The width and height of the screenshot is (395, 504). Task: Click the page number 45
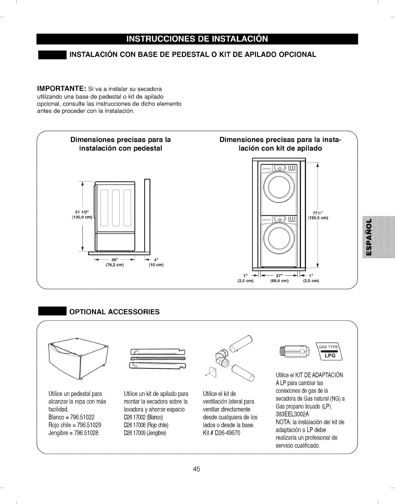click(197, 469)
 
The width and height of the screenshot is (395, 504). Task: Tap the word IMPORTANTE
click(61, 89)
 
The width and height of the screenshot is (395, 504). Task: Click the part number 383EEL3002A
click(292, 414)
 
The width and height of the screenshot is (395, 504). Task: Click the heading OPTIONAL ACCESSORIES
click(114, 312)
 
